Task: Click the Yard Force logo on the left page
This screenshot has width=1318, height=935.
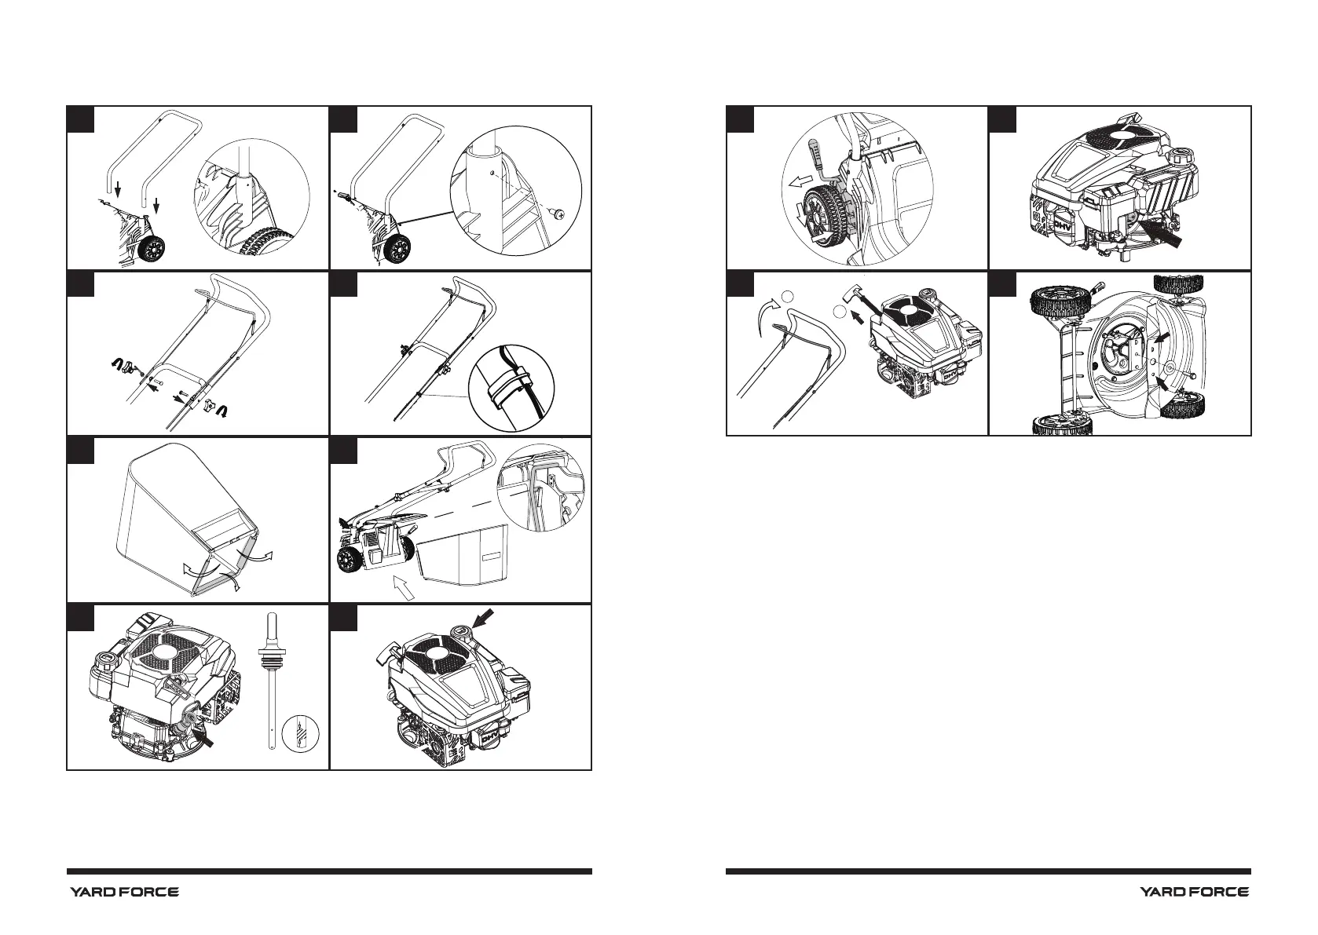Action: [124, 892]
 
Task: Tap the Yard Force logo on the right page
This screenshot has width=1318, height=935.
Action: [1194, 892]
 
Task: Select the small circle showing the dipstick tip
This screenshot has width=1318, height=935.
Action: [302, 733]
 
